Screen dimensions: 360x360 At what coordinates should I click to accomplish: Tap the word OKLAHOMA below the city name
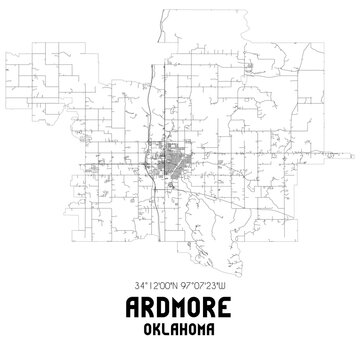180,327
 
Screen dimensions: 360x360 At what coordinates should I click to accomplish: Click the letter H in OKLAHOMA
184,327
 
